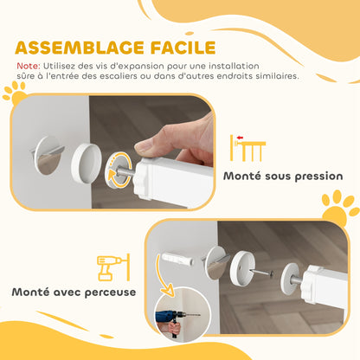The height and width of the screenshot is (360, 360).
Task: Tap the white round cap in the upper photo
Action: [x=85, y=162]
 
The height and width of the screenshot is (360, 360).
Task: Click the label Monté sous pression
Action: [x=282, y=177]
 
